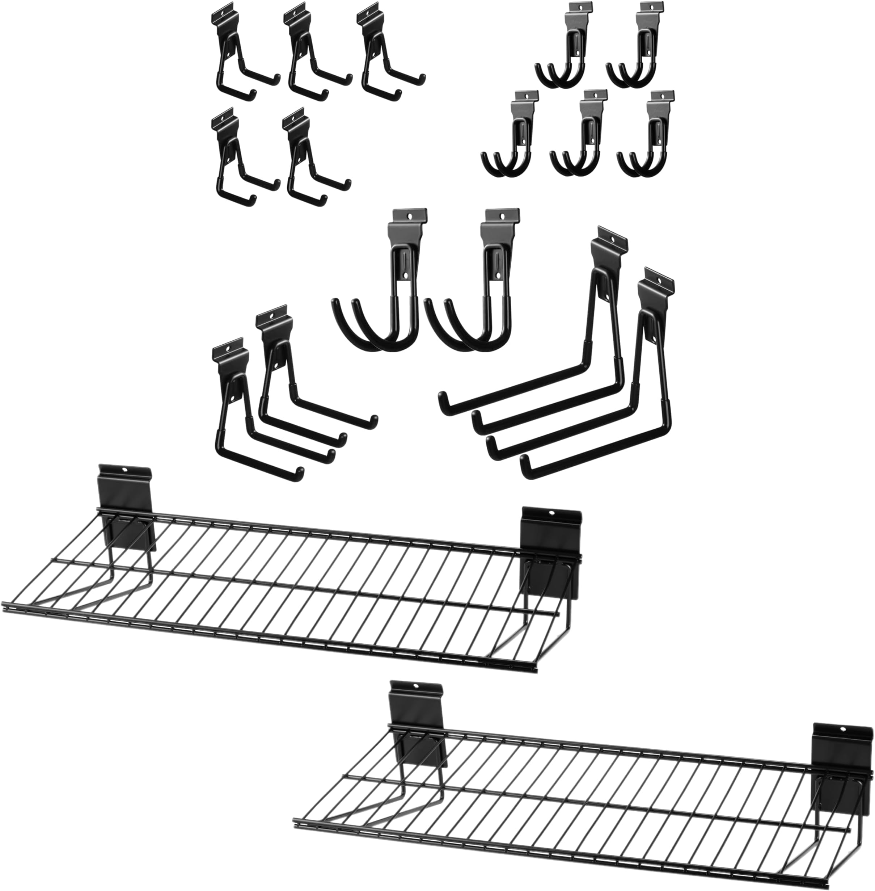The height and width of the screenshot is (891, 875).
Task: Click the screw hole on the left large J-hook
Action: point(410,215)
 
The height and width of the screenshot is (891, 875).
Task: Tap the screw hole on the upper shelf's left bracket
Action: point(124,470)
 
